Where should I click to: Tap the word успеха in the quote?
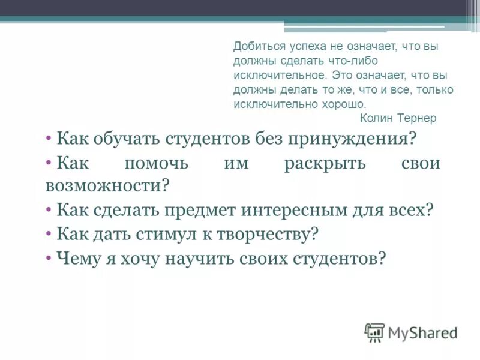299,46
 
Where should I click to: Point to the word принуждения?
352,139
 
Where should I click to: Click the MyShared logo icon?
375,332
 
